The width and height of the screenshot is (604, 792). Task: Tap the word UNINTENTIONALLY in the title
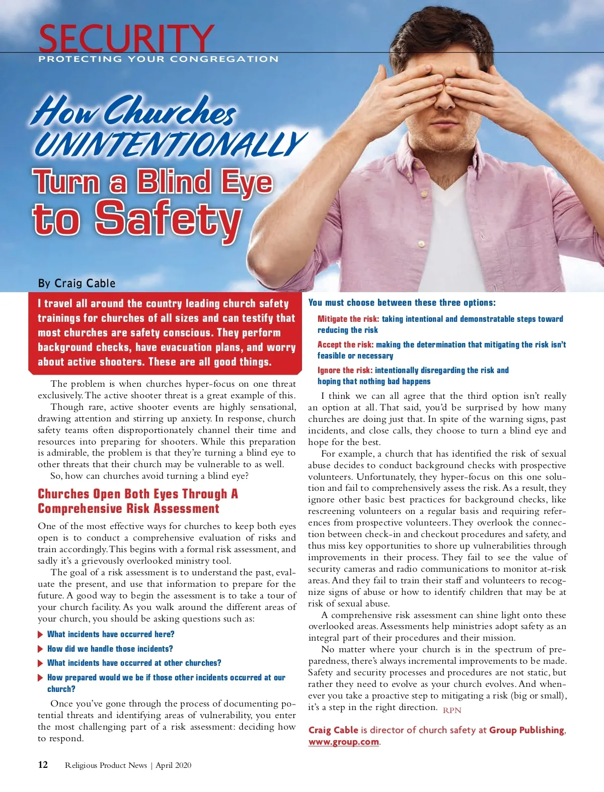(170, 144)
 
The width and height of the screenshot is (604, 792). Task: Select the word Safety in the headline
(168, 218)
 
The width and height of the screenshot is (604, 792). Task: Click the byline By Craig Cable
(77, 283)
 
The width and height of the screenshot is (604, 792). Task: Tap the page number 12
(43, 765)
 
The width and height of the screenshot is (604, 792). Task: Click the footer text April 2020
(173, 765)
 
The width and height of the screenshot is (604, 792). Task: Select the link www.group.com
(343, 742)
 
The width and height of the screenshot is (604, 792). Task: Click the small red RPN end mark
(452, 710)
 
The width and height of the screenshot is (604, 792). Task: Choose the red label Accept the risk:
(345, 344)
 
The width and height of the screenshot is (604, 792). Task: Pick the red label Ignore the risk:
(345, 370)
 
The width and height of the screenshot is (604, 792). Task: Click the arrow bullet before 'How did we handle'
(41, 649)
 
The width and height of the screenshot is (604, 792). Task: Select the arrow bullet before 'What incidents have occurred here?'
(41, 635)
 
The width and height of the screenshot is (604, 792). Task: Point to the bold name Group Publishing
(527, 730)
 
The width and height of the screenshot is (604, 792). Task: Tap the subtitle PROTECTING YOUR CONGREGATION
(158, 59)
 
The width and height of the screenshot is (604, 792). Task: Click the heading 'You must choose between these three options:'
(402, 302)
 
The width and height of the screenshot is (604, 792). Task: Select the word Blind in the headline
(174, 182)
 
